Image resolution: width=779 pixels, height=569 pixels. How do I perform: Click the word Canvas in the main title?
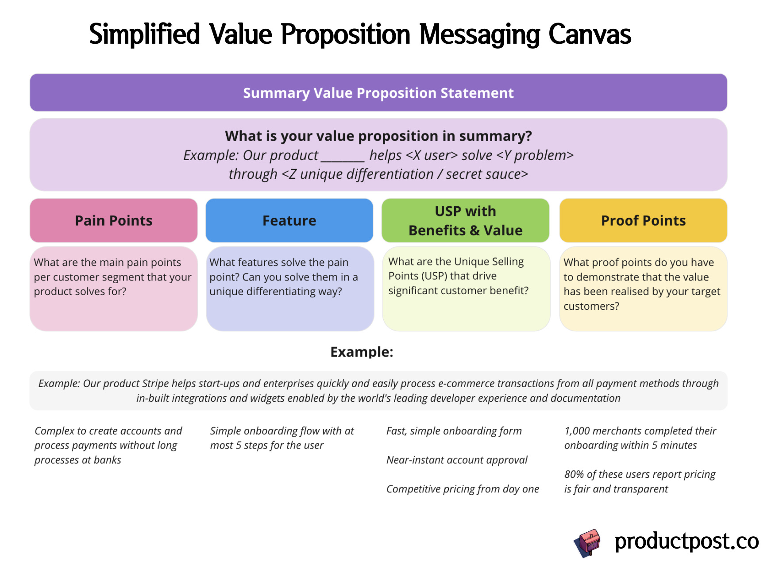[590, 35]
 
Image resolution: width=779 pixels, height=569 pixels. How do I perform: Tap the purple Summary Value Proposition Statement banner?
[378, 93]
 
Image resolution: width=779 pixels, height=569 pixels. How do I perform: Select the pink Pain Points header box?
[113, 220]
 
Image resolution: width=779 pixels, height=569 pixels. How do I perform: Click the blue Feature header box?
[289, 220]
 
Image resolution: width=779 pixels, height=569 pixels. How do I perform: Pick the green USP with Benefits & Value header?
[465, 220]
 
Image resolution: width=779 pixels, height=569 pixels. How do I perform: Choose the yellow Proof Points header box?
[643, 220]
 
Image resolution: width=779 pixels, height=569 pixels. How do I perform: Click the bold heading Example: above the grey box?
[362, 352]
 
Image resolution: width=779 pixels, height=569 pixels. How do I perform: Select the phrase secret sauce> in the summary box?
[487, 174]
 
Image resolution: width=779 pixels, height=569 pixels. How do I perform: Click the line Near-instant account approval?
[457, 460]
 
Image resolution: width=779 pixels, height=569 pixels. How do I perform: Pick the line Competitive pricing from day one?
[463, 489]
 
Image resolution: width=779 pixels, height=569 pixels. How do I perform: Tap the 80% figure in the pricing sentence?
[574, 475]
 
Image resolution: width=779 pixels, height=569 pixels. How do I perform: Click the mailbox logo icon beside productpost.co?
[588, 542]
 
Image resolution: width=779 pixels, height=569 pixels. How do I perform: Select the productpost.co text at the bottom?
[686, 541]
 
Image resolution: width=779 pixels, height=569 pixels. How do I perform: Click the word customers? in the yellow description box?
[591, 306]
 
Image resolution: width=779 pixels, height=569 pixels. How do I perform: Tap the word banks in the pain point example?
[108, 460]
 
